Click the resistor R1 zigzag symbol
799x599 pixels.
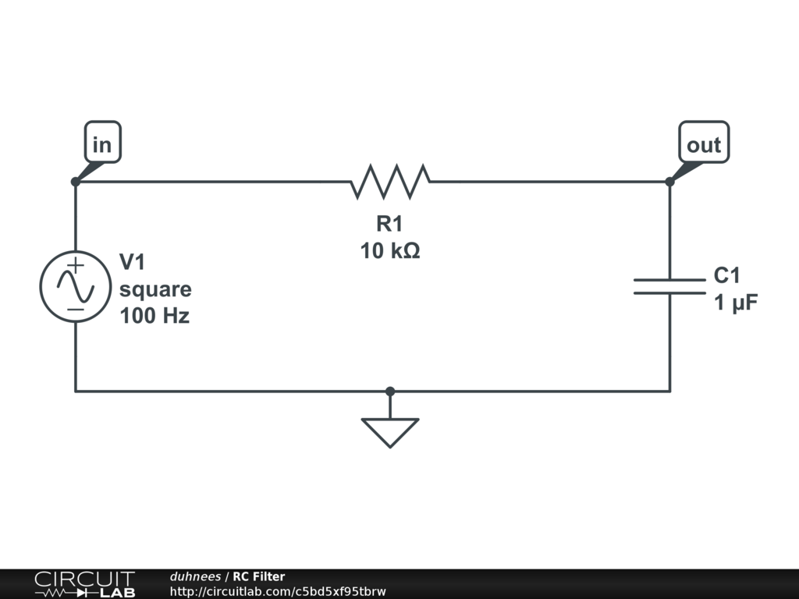pos(390,181)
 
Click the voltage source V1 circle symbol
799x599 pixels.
pos(75,286)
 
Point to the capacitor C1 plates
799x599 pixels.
pos(669,286)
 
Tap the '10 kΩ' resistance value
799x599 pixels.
pos(390,251)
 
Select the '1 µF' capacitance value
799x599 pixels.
pos(736,303)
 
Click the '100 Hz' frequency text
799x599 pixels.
pos(154,317)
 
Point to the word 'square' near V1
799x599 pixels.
pos(155,290)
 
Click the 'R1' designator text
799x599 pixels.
pos(389,224)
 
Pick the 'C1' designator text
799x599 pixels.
pos(727,275)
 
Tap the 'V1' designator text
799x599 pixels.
pos(132,261)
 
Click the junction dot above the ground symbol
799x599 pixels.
pos(390,391)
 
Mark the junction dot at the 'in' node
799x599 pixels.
pos(75,182)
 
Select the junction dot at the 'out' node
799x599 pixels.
pos(669,182)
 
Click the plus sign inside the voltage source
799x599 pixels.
pos(75,265)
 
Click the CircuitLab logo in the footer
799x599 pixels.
pos(84,584)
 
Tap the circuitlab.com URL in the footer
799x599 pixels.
pos(278,591)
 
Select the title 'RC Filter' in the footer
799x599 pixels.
pos(258,576)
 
